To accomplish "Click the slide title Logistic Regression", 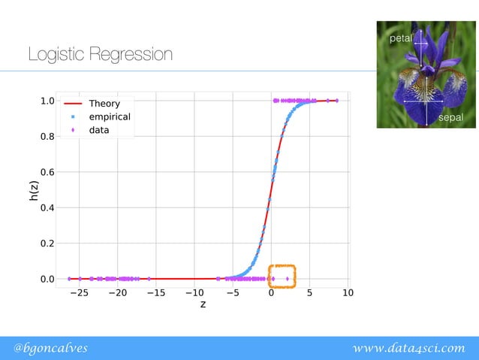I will (x=100, y=55).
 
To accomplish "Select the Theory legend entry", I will (x=104, y=104).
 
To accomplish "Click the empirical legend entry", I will (x=109, y=117).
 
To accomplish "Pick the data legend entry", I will (x=98, y=130).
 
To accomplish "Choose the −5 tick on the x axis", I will (x=232, y=293).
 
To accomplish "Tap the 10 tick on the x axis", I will (x=348, y=293).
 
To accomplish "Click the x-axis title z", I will (x=203, y=305).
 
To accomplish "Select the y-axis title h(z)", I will (x=34, y=190).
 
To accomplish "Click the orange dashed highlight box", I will (x=282, y=276).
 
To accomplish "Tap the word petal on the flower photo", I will (x=399, y=37).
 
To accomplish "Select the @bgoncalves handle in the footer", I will (x=51, y=347).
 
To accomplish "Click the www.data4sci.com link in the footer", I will (x=409, y=347).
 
